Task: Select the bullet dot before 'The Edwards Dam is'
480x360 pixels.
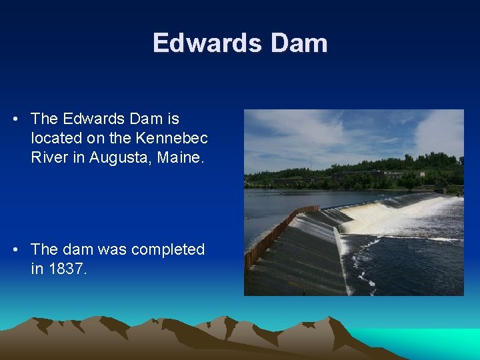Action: (15, 119)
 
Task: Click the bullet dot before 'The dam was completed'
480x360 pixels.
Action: (15, 249)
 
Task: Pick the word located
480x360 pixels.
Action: (55, 139)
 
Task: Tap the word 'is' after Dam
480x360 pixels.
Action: (173, 119)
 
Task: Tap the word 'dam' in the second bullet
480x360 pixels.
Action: (78, 249)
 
